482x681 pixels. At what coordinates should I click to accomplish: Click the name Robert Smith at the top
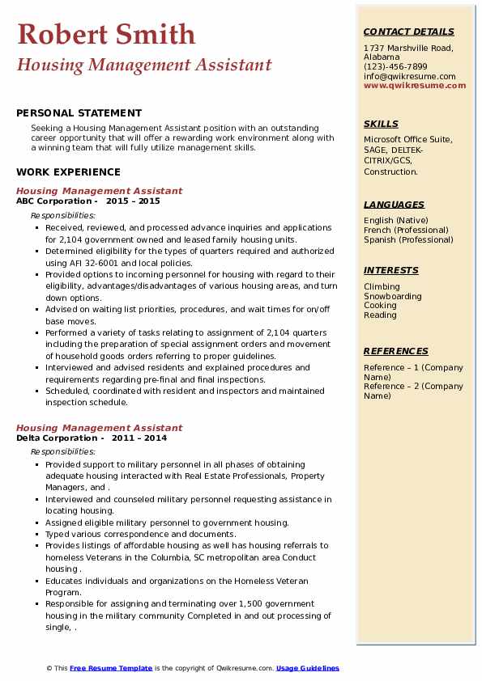pyautogui.click(x=106, y=34)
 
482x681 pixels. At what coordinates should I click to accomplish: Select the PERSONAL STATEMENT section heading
pyautogui.click(x=79, y=113)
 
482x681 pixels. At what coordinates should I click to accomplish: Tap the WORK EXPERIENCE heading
pyautogui.click(x=68, y=171)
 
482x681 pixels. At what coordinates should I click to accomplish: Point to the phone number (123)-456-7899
pyautogui.click(x=395, y=67)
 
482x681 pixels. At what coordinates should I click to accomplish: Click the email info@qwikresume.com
pyautogui.click(x=409, y=77)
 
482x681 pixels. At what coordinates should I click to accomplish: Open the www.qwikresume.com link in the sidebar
pyautogui.click(x=409, y=86)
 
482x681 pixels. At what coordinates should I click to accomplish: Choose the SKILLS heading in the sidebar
pyautogui.click(x=381, y=124)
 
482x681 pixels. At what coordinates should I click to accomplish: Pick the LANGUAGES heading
pyautogui.click(x=394, y=205)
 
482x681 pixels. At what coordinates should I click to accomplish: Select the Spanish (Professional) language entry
pyautogui.click(x=408, y=239)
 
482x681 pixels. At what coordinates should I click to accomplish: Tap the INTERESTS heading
pyautogui.click(x=390, y=270)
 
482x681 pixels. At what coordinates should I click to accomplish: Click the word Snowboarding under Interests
pyautogui.click(x=393, y=296)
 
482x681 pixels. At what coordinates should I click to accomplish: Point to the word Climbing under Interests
pyautogui.click(x=382, y=286)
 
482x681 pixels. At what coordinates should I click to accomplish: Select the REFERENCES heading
pyautogui.click(x=395, y=351)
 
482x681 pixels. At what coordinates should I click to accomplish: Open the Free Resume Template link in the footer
pyautogui.click(x=111, y=668)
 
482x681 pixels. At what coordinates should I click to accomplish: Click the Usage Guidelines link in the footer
pyautogui.click(x=308, y=668)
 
